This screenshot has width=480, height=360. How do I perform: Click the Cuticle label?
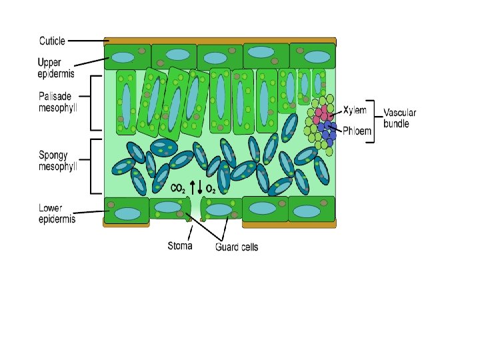pyautogui.click(x=51, y=41)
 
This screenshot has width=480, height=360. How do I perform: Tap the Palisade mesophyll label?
pyautogui.click(x=58, y=102)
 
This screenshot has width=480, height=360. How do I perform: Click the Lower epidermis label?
pyautogui.click(x=57, y=213)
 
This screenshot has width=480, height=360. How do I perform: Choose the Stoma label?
pyautogui.click(x=179, y=246)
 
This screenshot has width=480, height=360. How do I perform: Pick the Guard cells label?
pyautogui.click(x=237, y=247)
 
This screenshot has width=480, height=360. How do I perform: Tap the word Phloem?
pyautogui.click(x=359, y=131)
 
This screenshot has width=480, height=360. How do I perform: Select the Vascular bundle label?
pyautogui.click(x=400, y=118)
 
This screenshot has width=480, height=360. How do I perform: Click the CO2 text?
pyautogui.click(x=178, y=189)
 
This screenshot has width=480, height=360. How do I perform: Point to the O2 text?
pyautogui.click(x=210, y=189)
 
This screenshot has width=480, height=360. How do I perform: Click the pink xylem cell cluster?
pyautogui.click(x=323, y=112)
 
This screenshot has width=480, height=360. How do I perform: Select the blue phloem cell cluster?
pyautogui.click(x=327, y=128)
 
